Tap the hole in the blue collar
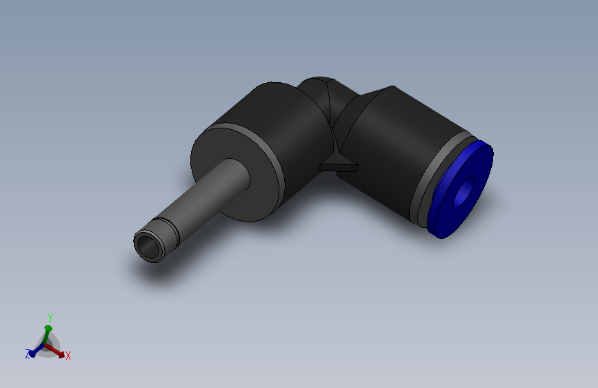click(466, 191)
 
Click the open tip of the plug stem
click(147, 246)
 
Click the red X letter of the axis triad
click(68, 356)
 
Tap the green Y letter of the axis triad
click(50, 318)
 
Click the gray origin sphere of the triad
click(46, 345)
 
